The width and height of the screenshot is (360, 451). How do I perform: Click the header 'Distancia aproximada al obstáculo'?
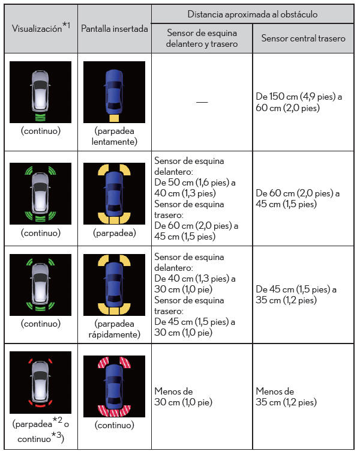click(253, 14)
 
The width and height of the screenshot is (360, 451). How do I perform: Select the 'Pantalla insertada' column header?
click(115, 28)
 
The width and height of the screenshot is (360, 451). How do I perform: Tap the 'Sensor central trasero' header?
click(303, 38)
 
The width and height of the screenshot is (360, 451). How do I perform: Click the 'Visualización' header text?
click(37, 28)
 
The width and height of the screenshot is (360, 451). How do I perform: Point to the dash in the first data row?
click(202, 102)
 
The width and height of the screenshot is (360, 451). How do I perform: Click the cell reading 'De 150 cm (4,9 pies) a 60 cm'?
click(299, 102)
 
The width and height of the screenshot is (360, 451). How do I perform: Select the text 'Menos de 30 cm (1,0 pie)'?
click(183, 396)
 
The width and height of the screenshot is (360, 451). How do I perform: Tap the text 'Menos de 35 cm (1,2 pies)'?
click(286, 396)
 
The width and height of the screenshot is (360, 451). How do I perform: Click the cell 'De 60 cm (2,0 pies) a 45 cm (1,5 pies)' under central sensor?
click(298, 198)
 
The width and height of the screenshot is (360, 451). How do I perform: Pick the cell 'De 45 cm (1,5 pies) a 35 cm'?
click(296, 294)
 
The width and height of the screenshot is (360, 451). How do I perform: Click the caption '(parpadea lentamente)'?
click(115, 136)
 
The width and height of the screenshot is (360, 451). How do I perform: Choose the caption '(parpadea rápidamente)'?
click(115, 329)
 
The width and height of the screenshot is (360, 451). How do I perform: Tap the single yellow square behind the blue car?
click(114, 118)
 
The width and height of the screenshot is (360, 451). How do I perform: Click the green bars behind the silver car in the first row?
click(40, 117)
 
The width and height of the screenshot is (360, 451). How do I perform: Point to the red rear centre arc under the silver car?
click(40, 405)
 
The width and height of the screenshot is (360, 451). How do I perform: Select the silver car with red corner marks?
click(40, 381)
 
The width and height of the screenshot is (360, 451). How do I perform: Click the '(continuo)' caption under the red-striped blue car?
click(115, 425)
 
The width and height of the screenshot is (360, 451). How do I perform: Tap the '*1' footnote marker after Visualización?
click(66, 25)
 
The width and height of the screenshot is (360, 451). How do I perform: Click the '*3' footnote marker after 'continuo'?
click(56, 435)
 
